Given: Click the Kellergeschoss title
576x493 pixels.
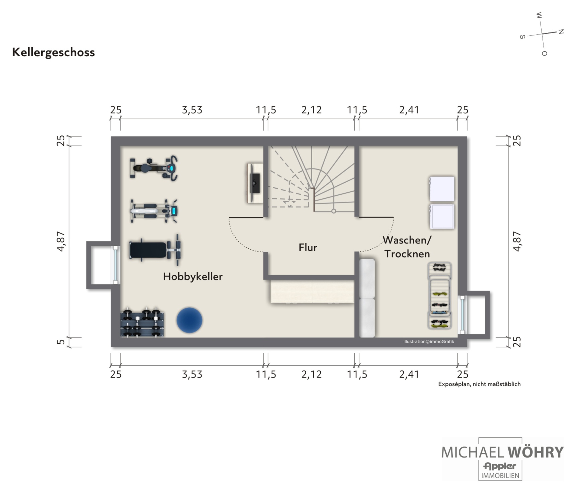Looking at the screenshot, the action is coord(53,52).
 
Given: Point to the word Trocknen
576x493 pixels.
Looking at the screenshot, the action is coord(407,254).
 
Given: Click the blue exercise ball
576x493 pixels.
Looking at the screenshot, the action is coord(189,320).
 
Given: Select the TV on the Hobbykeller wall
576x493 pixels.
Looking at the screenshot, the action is coord(255,183).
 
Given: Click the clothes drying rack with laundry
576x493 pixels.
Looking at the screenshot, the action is coord(439,296).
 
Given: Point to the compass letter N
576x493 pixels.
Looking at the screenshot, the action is coord(561,32).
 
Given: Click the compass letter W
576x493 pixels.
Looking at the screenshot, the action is coord(539,15).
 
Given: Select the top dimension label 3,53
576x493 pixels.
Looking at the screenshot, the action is coord(192,110).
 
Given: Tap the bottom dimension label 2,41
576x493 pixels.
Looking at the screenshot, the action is coord(409,374).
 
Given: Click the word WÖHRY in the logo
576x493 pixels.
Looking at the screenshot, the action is coord(535,452).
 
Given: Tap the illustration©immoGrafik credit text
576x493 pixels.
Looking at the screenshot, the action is coord(429,342).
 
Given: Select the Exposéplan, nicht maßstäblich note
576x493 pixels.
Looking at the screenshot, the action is coord(479,384).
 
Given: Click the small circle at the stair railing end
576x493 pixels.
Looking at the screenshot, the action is coord(334,211).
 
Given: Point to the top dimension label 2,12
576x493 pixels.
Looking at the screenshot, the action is coord(311,110).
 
